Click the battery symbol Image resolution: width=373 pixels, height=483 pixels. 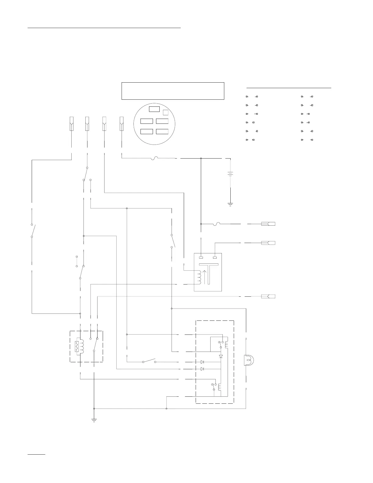click(230, 174)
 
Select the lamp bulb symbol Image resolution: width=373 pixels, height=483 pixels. click(248, 360)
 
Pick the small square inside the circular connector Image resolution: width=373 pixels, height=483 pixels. click(165, 112)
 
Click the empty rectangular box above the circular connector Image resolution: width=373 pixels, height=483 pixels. click(173, 91)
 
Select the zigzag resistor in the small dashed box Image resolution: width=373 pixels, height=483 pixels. click(77, 346)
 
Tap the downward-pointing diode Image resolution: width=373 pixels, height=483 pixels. click(221, 356)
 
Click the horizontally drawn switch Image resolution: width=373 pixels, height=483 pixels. click(149, 361)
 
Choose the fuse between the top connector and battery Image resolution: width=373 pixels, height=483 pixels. click(155, 158)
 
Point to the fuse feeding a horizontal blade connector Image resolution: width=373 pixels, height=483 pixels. click(217, 224)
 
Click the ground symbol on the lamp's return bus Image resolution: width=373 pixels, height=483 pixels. click(94, 420)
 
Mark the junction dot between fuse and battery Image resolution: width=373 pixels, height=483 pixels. click(201, 158)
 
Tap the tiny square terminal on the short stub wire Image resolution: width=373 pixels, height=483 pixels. click(77, 257)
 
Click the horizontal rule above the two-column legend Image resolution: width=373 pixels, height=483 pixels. click(289, 88)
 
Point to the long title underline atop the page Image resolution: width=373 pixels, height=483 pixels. click(104, 28)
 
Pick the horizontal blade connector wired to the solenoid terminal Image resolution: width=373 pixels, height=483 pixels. click(268, 243)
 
